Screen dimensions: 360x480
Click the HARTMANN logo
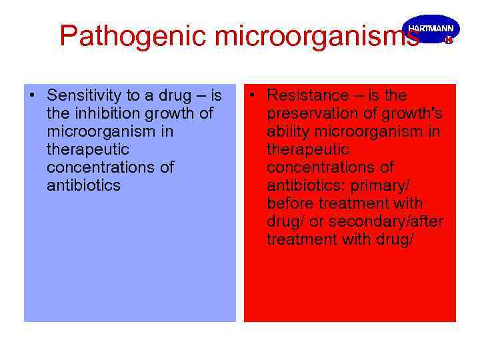431,30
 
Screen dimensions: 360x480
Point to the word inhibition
102,113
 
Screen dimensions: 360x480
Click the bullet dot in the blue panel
33,95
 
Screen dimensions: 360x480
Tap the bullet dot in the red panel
253,95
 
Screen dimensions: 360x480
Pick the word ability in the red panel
286,131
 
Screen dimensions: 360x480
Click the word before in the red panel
291,203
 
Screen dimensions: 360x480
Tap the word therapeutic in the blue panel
88,149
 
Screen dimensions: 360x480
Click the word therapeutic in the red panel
308,149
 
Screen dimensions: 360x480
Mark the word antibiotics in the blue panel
84,185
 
